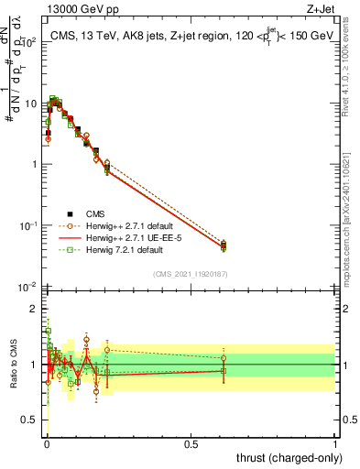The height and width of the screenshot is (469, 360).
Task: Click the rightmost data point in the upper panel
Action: point(224,245)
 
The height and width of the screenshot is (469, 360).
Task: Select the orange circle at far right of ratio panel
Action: point(224,357)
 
